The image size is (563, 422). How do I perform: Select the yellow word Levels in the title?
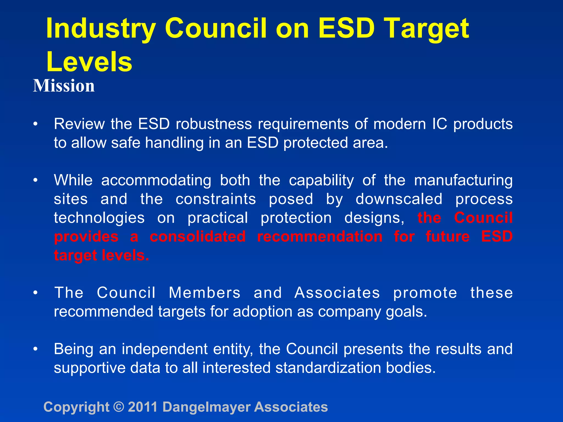(x=89, y=62)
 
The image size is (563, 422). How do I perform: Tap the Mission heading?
(x=64, y=86)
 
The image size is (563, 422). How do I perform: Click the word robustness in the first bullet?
(x=214, y=124)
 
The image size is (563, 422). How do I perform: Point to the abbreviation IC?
(x=440, y=124)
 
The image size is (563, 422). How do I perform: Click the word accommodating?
(x=156, y=181)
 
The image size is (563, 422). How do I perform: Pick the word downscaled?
(x=399, y=199)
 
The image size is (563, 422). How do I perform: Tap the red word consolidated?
(x=198, y=237)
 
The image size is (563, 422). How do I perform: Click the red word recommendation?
(x=320, y=237)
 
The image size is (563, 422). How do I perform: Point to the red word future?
(x=448, y=237)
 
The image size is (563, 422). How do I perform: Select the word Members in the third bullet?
(x=205, y=293)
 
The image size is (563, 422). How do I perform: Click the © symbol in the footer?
(x=119, y=407)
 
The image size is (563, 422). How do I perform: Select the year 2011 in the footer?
(x=143, y=407)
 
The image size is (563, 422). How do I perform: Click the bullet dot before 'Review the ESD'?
(x=35, y=124)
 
